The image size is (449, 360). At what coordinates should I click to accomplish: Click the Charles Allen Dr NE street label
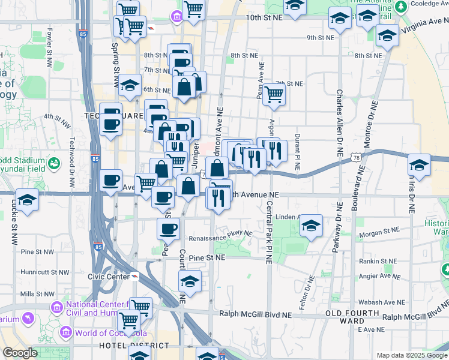(x=340, y=124)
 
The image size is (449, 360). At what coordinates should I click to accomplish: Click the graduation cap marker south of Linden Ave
(x=311, y=226)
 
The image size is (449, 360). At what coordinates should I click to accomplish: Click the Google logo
(x=19, y=353)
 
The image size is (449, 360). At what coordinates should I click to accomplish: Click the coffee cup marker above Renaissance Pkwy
(x=168, y=228)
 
